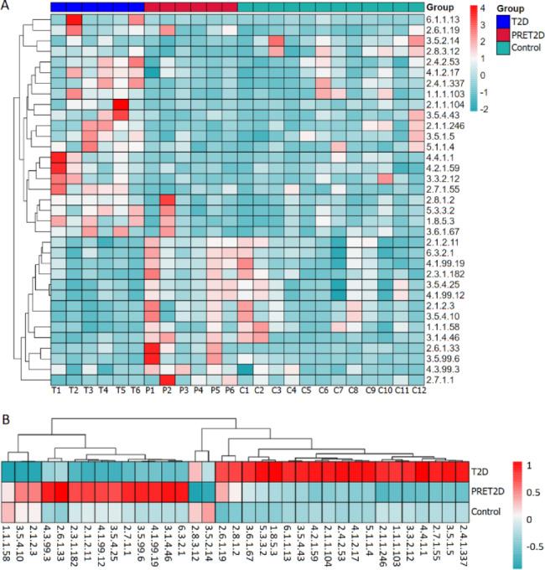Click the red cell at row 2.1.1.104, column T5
[x=121, y=105]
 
